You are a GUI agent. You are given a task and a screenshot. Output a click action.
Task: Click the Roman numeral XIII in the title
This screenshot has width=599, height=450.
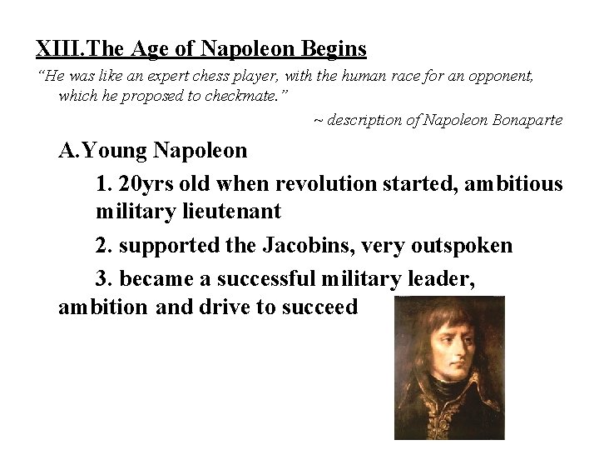click(55, 48)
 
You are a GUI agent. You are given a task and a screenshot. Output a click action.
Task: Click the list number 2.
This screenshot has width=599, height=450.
click(102, 246)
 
